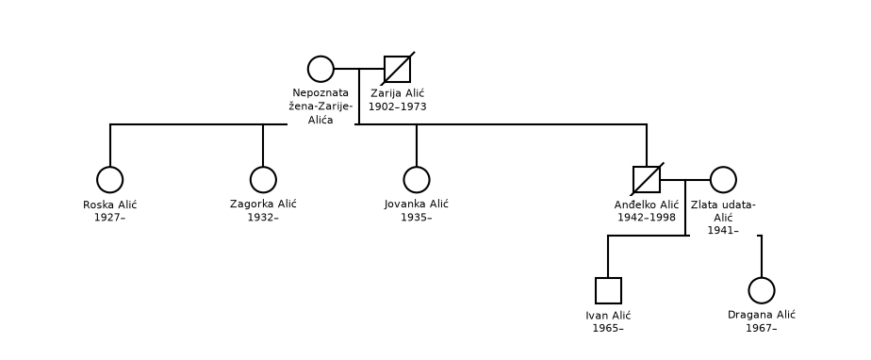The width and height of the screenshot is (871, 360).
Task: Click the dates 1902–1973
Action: click(x=398, y=106)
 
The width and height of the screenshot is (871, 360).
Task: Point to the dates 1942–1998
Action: click(x=647, y=217)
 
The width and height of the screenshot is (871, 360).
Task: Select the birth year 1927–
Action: click(x=109, y=217)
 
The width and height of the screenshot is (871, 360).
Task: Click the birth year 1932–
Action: click(x=263, y=217)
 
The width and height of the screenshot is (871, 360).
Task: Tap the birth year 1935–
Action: click(x=417, y=217)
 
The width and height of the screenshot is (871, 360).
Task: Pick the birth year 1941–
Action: click(x=723, y=231)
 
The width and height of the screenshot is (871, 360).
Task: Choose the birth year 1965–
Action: click(x=608, y=328)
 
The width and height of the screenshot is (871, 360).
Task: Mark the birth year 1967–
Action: click(x=761, y=328)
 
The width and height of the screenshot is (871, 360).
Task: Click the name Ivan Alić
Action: click(x=608, y=316)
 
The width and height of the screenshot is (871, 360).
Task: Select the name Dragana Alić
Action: click(x=762, y=315)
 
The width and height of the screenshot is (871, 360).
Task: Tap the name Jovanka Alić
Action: click(x=417, y=204)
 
